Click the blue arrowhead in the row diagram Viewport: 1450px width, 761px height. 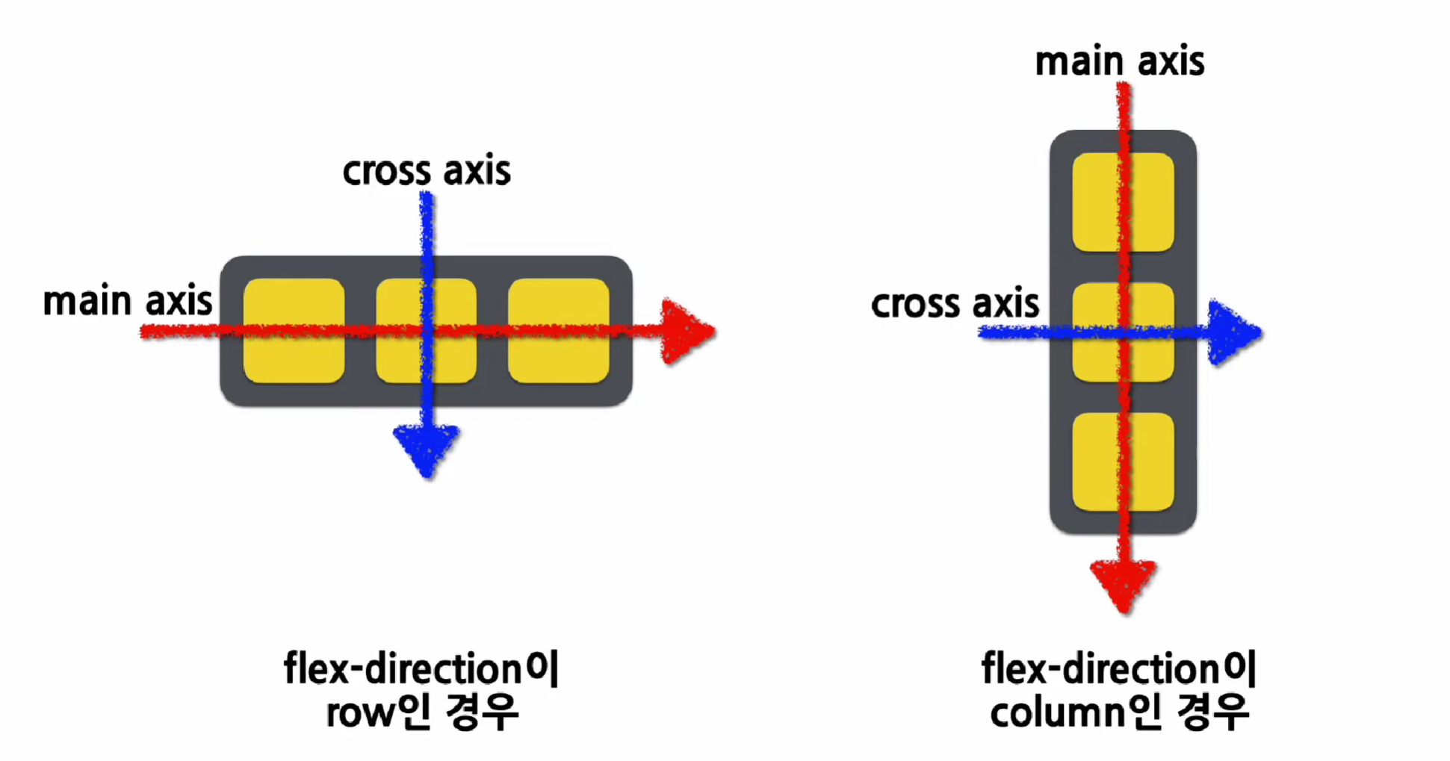point(427,449)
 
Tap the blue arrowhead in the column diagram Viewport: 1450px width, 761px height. point(1233,333)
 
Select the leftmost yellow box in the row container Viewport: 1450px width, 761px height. point(294,331)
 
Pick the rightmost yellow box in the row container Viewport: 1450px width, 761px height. point(559,331)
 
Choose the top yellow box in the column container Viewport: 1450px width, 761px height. point(1123,202)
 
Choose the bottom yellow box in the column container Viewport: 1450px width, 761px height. point(1123,462)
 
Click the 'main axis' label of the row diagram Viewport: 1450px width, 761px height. point(128,301)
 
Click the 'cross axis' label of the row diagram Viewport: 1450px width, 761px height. point(427,171)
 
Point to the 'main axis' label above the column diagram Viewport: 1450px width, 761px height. point(1120,61)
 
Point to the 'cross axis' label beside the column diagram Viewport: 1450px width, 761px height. point(955,304)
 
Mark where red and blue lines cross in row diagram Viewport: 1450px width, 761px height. point(427,331)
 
